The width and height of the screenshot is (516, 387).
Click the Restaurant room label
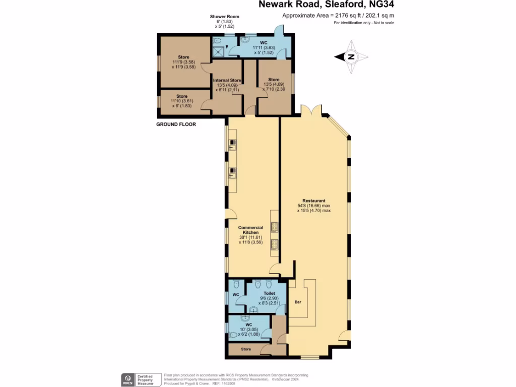tap(314, 200)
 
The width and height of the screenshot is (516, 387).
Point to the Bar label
tap(298, 302)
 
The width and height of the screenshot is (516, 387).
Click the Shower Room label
tap(225, 17)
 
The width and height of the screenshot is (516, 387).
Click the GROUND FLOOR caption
tap(176, 124)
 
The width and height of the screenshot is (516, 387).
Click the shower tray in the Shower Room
tap(219, 49)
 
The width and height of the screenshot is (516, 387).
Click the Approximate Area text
tap(338, 16)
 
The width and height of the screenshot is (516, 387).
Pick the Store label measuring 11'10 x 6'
tap(182, 96)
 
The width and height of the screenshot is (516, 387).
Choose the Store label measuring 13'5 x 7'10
tap(274, 80)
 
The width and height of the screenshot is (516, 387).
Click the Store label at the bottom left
tap(245, 348)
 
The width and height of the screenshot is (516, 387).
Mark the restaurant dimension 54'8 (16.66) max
tap(314, 206)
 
